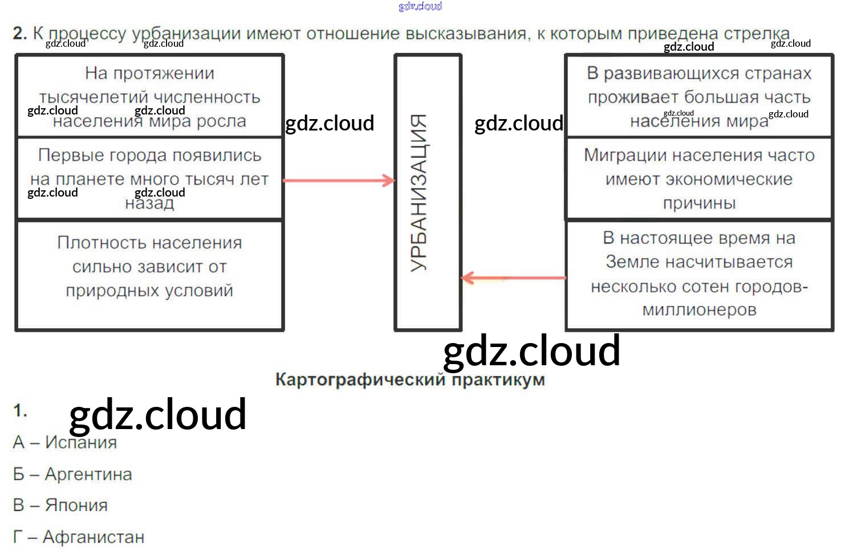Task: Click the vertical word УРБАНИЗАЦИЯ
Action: (419, 193)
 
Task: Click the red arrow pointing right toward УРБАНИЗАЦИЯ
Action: (339, 181)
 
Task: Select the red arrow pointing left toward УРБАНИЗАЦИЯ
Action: (513, 278)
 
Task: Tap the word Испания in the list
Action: (81, 442)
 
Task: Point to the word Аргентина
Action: (88, 474)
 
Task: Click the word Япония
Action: (76, 505)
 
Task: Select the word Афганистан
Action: (94, 537)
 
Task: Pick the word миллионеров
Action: (700, 310)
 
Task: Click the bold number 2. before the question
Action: (20, 34)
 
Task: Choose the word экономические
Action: (700, 179)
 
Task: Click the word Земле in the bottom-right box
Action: (631, 262)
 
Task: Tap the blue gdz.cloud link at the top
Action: (420, 6)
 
